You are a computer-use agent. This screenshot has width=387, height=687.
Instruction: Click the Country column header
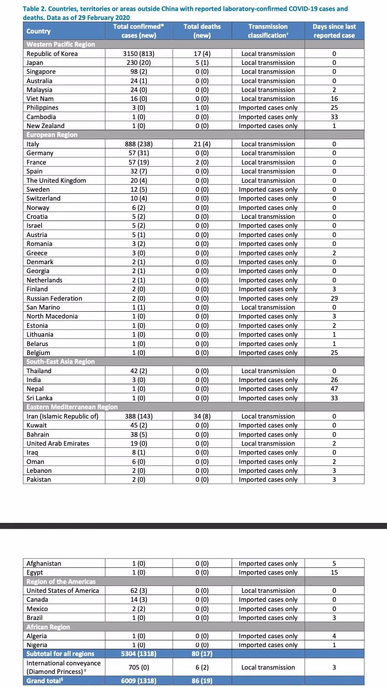point(39,31)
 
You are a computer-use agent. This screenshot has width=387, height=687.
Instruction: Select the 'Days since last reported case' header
point(334,31)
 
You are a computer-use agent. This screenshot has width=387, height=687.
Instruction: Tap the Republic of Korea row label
point(52,53)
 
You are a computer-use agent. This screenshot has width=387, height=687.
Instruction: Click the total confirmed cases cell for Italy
point(138,144)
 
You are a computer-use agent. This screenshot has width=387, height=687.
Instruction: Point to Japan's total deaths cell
point(202,62)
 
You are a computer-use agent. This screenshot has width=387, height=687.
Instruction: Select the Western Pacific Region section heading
point(61,44)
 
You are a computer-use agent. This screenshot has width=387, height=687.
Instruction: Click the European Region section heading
point(52,135)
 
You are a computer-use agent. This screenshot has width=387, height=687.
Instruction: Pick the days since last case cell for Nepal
point(334,389)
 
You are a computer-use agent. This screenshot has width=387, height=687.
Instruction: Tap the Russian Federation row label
point(54,298)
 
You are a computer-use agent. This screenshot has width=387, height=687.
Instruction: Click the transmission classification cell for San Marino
point(268,307)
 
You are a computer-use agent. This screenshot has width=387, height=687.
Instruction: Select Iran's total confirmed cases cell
point(138,416)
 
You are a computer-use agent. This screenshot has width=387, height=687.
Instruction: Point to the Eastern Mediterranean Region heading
point(72,407)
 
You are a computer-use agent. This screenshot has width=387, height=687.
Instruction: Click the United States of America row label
point(63,590)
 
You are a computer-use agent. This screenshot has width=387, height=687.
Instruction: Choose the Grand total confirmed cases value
point(138,681)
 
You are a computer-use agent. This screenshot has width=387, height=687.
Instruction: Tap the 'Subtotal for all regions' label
point(60,653)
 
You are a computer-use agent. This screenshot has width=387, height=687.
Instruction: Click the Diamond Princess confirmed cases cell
point(138,667)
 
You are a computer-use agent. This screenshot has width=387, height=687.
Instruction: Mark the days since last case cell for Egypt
point(334,572)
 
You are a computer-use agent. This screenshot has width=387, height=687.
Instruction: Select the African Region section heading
point(48,627)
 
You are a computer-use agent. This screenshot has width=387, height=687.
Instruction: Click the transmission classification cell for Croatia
point(268,216)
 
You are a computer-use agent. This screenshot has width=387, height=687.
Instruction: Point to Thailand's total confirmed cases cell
point(138,371)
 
